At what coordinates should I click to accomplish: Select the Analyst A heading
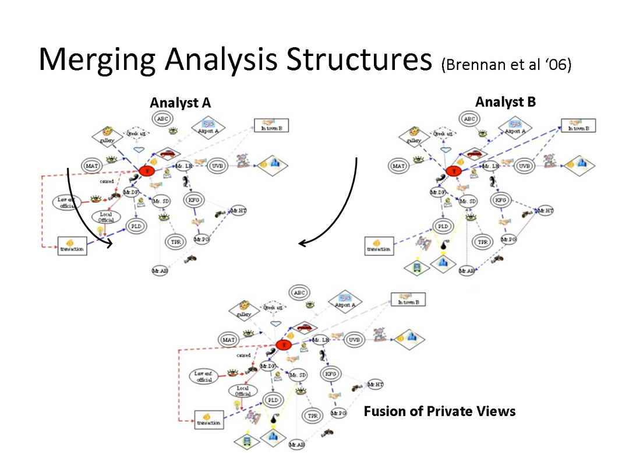point(180,103)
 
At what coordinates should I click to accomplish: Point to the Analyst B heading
point(505,102)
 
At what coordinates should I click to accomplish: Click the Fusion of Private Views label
point(440,411)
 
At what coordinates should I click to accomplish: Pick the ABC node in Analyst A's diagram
point(162,119)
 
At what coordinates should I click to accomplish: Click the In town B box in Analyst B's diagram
point(578,126)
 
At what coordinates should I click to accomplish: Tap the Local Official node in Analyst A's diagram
point(106,217)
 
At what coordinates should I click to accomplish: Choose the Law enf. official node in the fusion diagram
point(205,376)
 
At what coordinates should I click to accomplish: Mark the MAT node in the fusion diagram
point(228,339)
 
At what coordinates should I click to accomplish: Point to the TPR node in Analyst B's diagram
point(481,241)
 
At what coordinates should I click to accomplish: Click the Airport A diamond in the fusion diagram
point(345,301)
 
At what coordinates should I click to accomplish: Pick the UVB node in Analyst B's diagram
point(525,167)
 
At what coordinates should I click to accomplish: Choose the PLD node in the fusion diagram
point(272,400)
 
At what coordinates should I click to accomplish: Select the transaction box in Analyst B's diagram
point(379,245)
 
